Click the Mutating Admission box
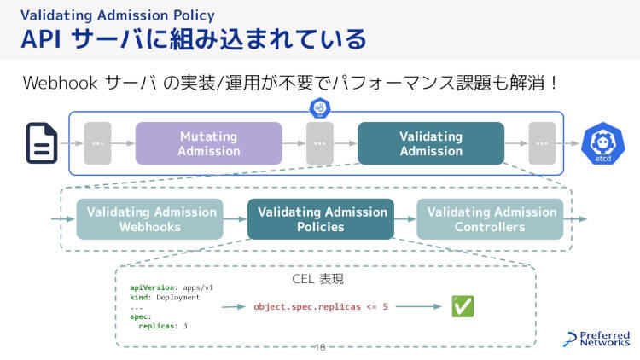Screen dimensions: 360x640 coord(208,143)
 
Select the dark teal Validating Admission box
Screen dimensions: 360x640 coord(430,143)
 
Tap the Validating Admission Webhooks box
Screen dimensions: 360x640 coord(150,219)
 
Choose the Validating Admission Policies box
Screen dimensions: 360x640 coord(321,219)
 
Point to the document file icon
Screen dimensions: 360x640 coord(41,143)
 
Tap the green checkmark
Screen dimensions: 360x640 coord(463,306)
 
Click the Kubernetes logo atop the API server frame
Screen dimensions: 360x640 coord(320,107)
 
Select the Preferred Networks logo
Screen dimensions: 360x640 coord(596,339)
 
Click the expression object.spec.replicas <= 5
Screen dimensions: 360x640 coord(321,306)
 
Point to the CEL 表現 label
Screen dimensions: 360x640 coord(317,279)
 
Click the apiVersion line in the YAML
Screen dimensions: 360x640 coord(171,288)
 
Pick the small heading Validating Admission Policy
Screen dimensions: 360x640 coord(118,15)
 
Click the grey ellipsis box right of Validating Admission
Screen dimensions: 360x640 coord(541,143)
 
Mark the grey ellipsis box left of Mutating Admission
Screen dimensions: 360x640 coord(97,143)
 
